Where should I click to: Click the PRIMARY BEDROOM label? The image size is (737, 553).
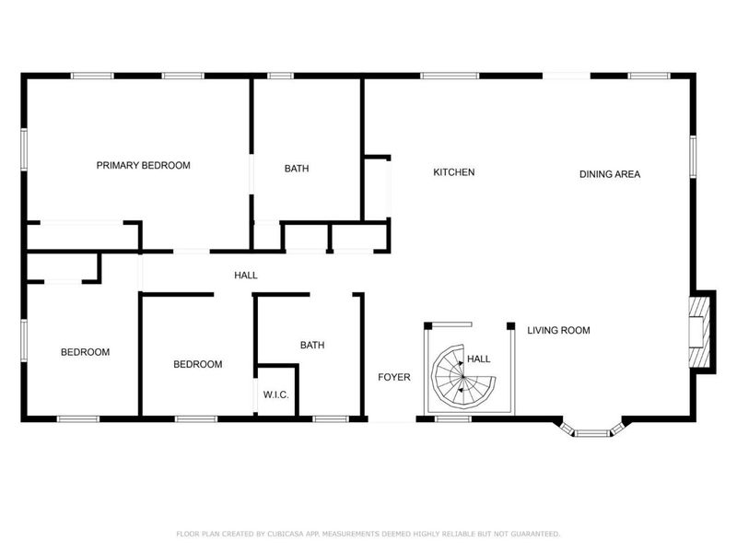click(144, 166)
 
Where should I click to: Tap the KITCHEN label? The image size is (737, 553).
click(454, 172)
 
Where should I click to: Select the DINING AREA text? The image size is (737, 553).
click(610, 174)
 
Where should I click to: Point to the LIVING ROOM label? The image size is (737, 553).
click(558, 331)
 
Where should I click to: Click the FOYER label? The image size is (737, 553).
click(394, 377)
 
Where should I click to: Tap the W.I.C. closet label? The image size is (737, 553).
click(275, 395)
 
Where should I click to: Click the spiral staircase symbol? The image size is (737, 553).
click(463, 377)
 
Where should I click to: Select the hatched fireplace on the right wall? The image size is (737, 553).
click(699, 332)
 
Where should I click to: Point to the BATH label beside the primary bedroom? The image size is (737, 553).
click(297, 169)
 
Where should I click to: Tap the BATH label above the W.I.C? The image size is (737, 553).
click(312, 346)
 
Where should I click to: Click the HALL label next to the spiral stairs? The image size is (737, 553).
click(478, 359)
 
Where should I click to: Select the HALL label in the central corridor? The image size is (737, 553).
click(246, 276)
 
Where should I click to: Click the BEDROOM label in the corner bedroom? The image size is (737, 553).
click(85, 352)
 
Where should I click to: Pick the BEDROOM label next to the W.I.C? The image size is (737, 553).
click(198, 364)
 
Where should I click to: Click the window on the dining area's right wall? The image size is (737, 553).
click(693, 157)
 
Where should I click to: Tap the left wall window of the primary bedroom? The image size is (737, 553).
click(24, 149)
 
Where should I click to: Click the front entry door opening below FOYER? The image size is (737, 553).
click(392, 419)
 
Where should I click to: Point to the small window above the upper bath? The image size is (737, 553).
click(281, 76)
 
